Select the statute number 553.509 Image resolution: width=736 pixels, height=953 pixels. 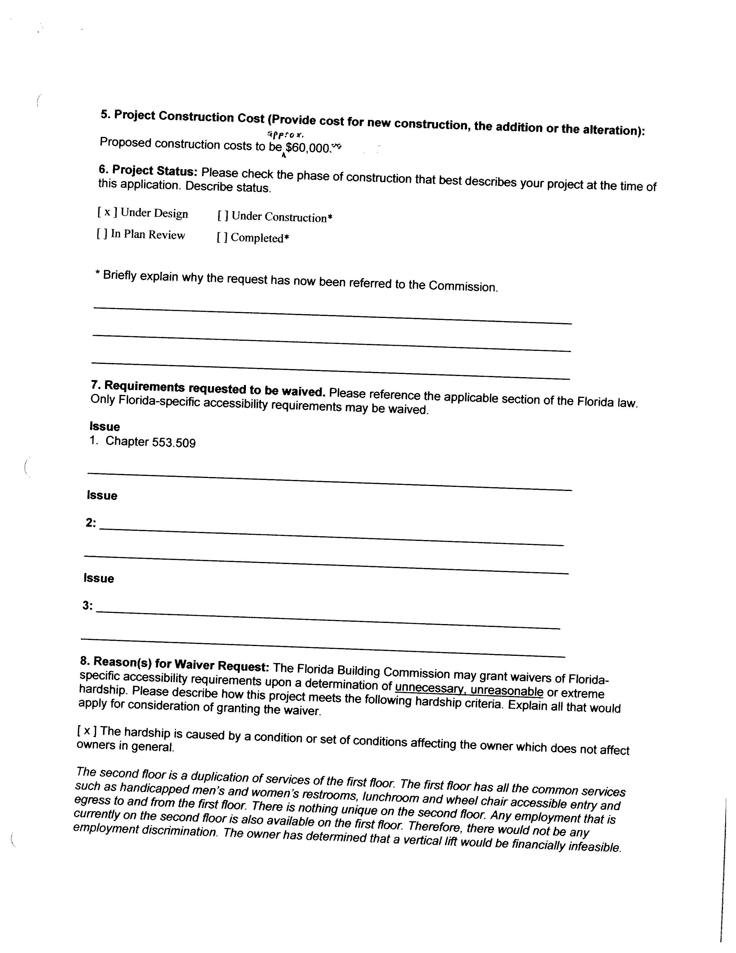pos(173,442)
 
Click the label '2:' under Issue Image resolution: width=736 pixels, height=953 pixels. pos(91,522)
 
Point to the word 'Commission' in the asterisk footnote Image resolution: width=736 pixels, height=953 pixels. pos(463,286)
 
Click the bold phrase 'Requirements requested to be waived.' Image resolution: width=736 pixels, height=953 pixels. pos(208,388)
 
